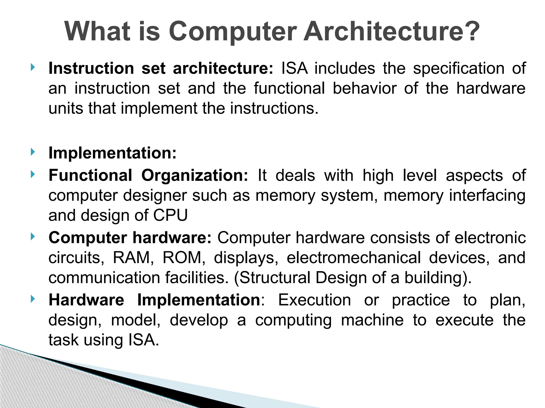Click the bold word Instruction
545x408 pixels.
[x=91, y=68]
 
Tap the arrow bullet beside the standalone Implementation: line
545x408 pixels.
[x=32, y=152]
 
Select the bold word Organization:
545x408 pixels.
[x=195, y=176]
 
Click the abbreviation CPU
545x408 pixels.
[x=171, y=215]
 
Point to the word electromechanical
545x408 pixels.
[x=354, y=258]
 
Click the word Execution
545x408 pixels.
[x=315, y=300]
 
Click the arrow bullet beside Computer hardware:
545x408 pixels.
[x=32, y=237]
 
